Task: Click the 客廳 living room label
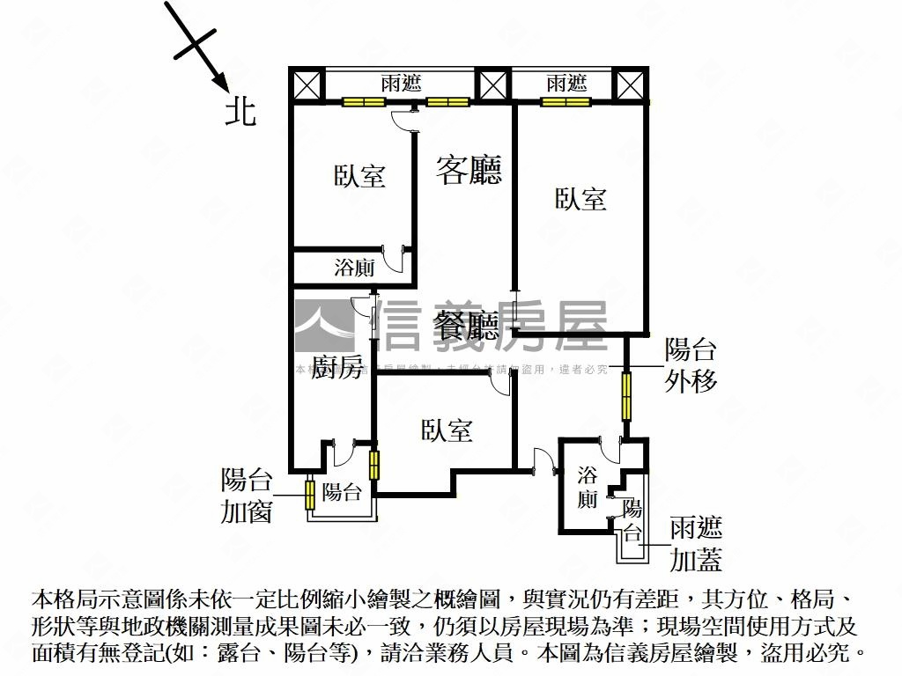point(469,170)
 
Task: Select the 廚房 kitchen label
point(337,369)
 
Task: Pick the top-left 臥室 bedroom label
point(359,176)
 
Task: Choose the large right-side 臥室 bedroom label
point(580,199)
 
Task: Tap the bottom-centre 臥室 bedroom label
point(447,430)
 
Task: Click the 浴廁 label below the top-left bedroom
point(354,268)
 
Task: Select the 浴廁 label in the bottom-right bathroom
point(588,489)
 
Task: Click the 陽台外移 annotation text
point(691,365)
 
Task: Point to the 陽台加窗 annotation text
point(247,496)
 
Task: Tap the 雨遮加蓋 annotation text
point(696,544)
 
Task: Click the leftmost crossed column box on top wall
point(307,85)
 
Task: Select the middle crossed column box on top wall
point(492,85)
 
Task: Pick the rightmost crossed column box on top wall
point(630,85)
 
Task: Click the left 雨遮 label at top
point(401,84)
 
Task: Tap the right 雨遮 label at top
point(566,84)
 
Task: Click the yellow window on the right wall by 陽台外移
point(626,397)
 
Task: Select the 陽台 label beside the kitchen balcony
point(342,493)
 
